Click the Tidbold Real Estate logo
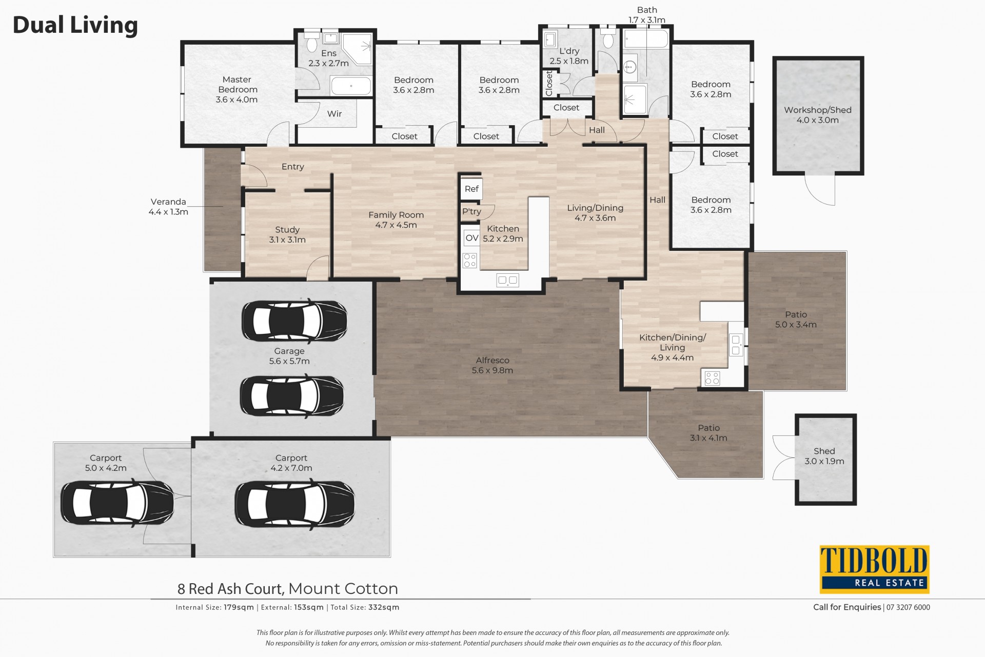874,569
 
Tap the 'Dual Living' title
75,25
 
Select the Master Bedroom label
237,89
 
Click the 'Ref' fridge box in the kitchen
471,189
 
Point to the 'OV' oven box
472,237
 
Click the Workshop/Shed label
817,115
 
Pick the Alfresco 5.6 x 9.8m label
493,365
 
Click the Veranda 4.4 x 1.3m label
168,207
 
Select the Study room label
287,234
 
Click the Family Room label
396,220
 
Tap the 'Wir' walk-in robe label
334,114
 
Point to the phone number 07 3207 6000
908,607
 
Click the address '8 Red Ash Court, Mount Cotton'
288,588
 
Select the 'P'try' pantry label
471,211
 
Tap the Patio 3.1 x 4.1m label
708,433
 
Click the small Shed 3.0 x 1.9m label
824,456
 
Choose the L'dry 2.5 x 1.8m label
569,56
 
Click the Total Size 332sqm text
365,607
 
